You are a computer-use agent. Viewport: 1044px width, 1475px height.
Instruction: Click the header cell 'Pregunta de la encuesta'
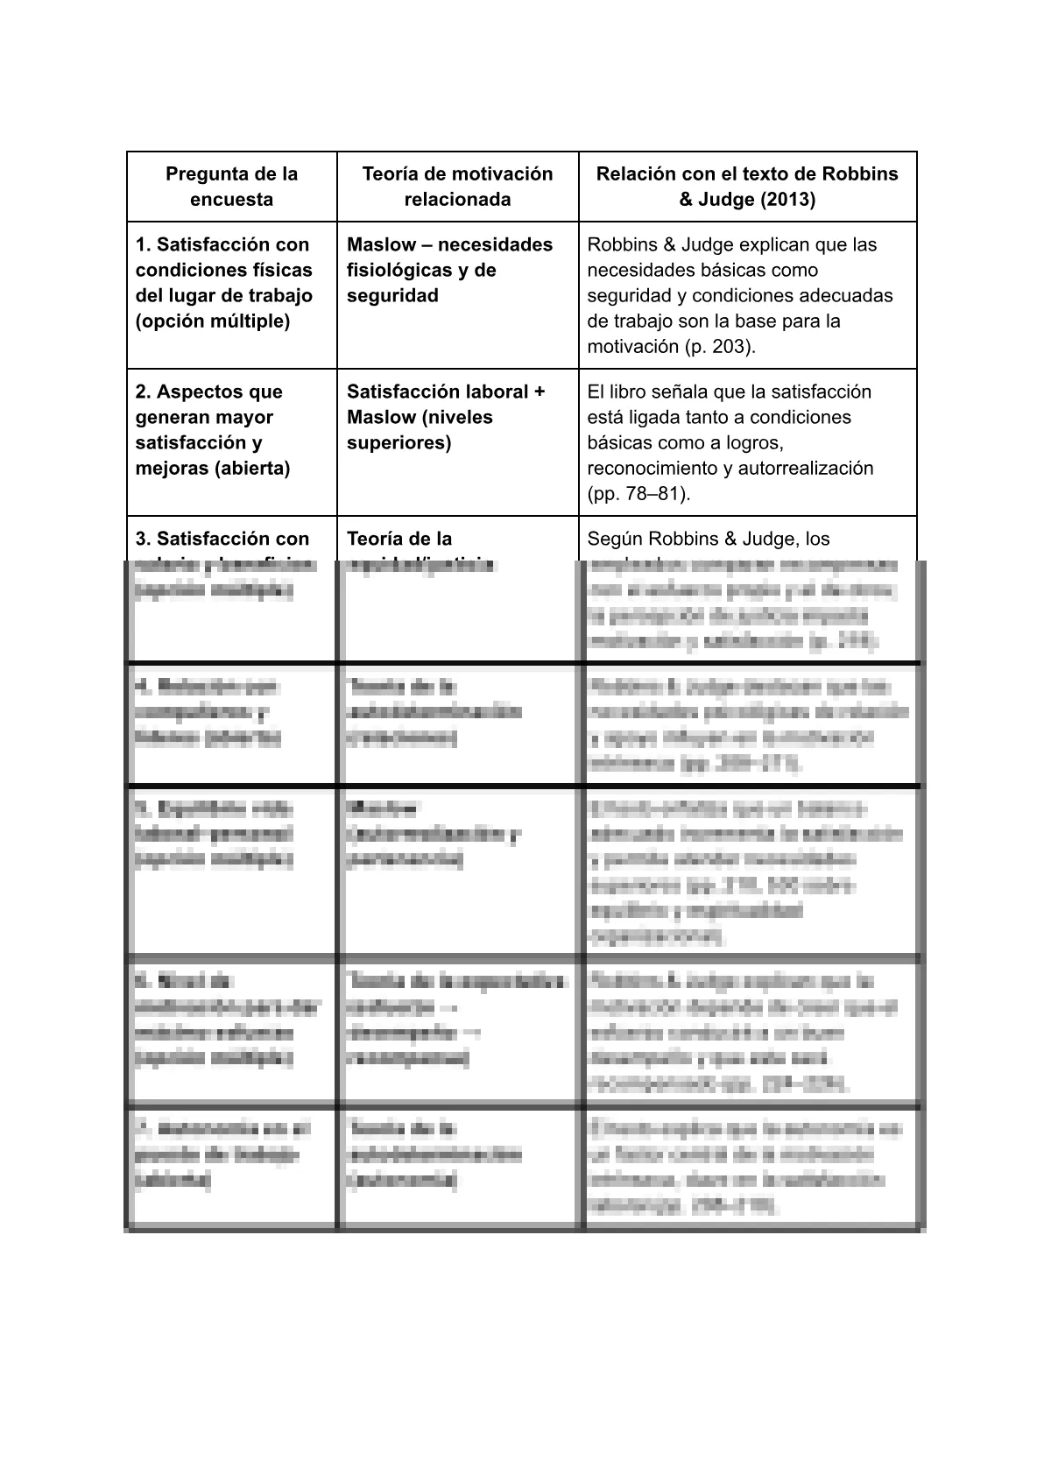coord(231,187)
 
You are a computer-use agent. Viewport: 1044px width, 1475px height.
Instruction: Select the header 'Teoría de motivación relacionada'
coord(457,187)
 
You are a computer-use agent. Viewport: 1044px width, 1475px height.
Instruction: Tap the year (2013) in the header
coord(786,200)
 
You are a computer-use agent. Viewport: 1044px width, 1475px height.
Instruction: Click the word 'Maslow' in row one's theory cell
coord(380,244)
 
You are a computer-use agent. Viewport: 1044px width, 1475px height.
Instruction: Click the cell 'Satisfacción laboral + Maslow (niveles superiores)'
coord(445,417)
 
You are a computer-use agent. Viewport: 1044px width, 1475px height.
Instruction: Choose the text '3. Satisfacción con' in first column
coord(222,539)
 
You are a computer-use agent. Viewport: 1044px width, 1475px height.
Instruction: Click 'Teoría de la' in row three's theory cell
coord(399,539)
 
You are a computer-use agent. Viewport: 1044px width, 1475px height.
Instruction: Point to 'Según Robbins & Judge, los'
coord(708,539)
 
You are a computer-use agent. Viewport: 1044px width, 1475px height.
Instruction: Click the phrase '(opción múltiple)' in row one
coord(213,321)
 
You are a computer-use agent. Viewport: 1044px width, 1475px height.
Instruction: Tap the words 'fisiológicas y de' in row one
coord(421,270)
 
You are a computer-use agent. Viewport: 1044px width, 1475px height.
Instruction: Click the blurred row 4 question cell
coord(232,723)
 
